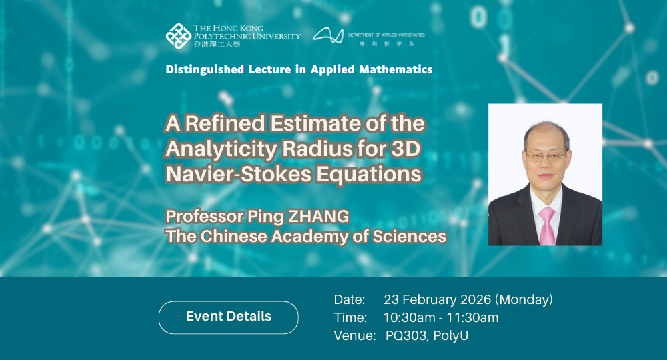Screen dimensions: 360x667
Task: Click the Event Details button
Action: pos(228,317)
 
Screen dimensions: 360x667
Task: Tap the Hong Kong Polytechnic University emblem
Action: pos(178,36)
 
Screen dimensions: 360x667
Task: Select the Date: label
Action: pos(350,299)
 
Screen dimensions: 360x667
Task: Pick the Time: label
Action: pos(350,317)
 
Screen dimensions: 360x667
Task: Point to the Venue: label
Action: pos(354,335)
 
